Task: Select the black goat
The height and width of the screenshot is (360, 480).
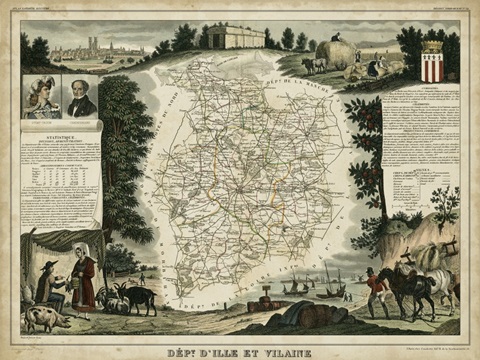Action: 137,297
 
